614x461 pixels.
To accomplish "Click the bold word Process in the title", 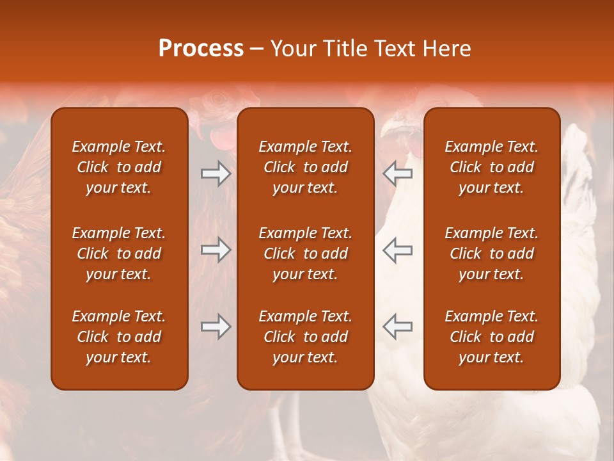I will (201, 49).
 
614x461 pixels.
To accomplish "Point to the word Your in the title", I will (293, 49).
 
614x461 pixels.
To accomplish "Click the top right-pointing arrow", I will (216, 174).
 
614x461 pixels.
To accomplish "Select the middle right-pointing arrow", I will (216, 250).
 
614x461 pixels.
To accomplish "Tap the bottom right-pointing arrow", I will (216, 327).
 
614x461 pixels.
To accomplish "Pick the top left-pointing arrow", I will (397, 174).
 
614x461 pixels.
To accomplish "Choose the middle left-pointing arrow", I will (397, 250).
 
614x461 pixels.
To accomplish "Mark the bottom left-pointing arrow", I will (397, 327).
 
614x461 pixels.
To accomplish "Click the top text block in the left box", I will (119, 167).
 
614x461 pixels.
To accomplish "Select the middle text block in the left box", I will (119, 254).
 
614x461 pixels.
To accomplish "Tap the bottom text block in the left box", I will (119, 337).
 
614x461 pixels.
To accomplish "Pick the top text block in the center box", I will (306, 167).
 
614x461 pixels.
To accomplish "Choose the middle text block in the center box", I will (306, 254).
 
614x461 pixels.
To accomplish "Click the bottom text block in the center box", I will (306, 337).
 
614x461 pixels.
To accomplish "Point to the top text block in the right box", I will (492, 167).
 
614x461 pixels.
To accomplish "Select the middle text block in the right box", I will (492, 254).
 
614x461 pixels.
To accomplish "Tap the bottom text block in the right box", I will (492, 337).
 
